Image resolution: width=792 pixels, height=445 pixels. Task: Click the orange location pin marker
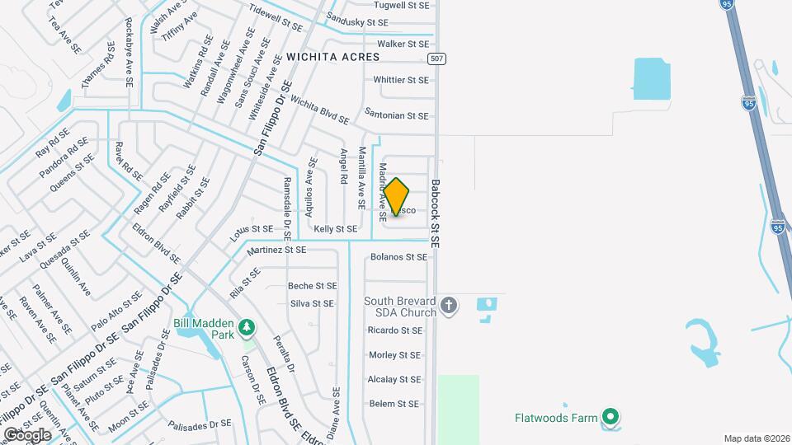397,195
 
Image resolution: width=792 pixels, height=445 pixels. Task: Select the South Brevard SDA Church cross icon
449,307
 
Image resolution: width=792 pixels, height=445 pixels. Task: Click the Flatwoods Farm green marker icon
610,418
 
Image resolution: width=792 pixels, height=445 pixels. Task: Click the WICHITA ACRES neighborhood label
333,57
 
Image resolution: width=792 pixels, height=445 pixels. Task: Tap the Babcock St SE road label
436,215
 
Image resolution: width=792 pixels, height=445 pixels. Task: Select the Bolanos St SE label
399,257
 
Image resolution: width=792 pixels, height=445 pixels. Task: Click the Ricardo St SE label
394,330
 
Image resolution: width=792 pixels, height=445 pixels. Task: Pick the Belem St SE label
394,404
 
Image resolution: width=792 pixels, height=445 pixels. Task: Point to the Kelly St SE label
335,228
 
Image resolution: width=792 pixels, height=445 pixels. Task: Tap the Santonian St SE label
397,116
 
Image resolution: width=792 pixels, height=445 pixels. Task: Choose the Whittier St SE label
401,80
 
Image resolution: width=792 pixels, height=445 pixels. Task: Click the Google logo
28,434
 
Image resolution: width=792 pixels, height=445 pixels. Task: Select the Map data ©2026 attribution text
756,438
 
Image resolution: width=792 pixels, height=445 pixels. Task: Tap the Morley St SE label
394,355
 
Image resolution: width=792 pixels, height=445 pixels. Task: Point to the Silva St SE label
312,303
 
